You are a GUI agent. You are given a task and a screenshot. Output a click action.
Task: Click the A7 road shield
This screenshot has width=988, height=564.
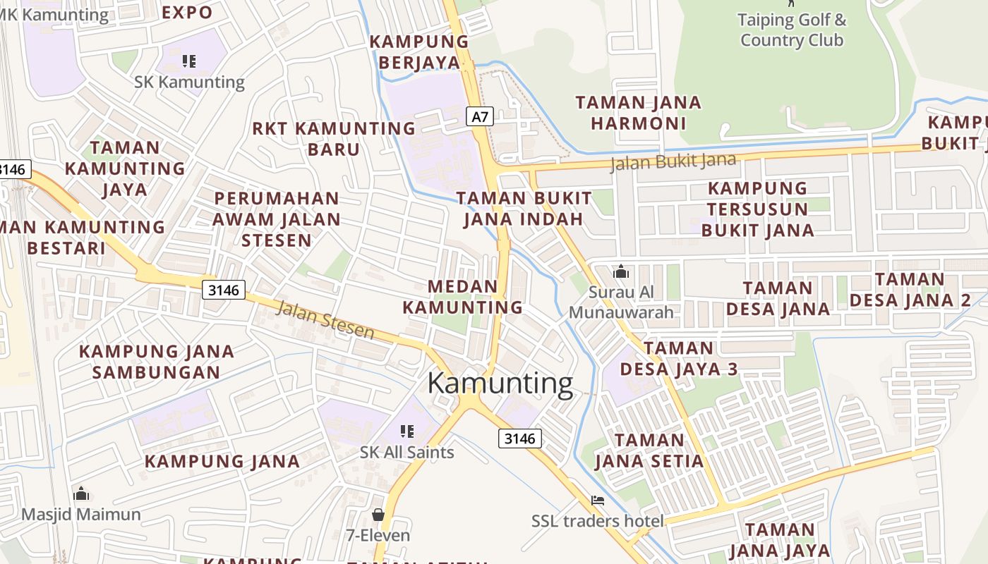480,116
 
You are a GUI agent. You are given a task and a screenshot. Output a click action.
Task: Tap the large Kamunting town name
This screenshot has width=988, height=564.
500,384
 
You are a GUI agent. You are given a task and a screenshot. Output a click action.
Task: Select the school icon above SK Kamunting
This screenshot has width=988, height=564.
188,61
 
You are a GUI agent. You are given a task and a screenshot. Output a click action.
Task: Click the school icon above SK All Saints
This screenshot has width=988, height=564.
406,431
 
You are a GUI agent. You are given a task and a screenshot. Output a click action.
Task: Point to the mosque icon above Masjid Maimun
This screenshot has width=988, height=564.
81,493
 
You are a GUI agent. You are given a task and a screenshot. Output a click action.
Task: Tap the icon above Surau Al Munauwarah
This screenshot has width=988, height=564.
621,271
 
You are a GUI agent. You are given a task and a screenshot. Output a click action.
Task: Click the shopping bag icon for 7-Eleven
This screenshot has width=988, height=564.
378,514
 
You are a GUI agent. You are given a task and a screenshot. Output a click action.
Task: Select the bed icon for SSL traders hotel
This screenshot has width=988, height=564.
598,501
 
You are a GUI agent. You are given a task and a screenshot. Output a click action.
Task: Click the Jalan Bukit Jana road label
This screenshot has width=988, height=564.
673,161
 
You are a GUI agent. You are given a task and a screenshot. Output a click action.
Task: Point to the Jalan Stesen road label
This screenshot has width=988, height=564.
325,319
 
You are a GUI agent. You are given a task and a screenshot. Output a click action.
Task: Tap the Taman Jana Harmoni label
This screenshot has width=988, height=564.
639,113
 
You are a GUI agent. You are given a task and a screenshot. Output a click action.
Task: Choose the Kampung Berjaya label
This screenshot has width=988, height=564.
419,52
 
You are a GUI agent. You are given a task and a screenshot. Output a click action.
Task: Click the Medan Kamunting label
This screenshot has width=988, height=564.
463,297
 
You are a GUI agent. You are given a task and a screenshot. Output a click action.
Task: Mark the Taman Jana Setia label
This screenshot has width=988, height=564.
649,451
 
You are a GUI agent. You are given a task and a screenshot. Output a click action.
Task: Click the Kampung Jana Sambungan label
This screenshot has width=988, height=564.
156,362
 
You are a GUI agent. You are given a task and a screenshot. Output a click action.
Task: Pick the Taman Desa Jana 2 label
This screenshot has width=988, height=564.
910,290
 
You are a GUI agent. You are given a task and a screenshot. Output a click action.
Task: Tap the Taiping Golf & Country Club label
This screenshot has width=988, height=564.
791,30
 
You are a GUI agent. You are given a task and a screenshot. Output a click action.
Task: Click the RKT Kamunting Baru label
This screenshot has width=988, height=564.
334,139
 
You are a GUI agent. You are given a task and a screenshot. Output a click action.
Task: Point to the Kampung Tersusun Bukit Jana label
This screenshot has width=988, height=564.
757,209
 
